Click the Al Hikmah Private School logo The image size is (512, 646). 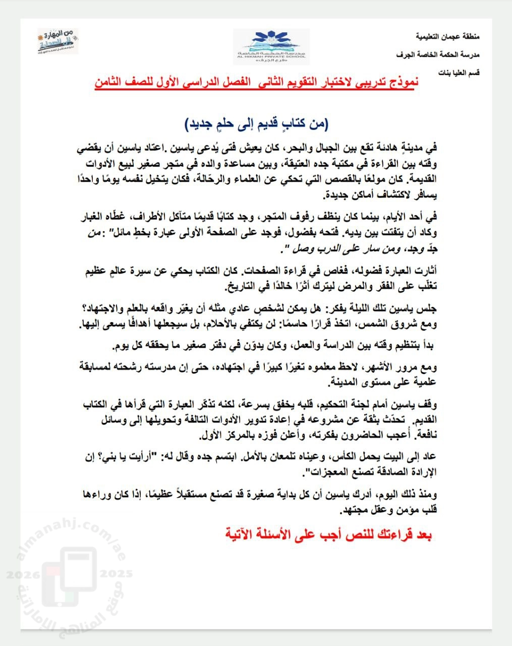(271, 46)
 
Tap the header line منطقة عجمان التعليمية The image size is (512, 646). (447, 37)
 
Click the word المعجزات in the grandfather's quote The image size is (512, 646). (333, 472)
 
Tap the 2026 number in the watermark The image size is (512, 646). (21, 575)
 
